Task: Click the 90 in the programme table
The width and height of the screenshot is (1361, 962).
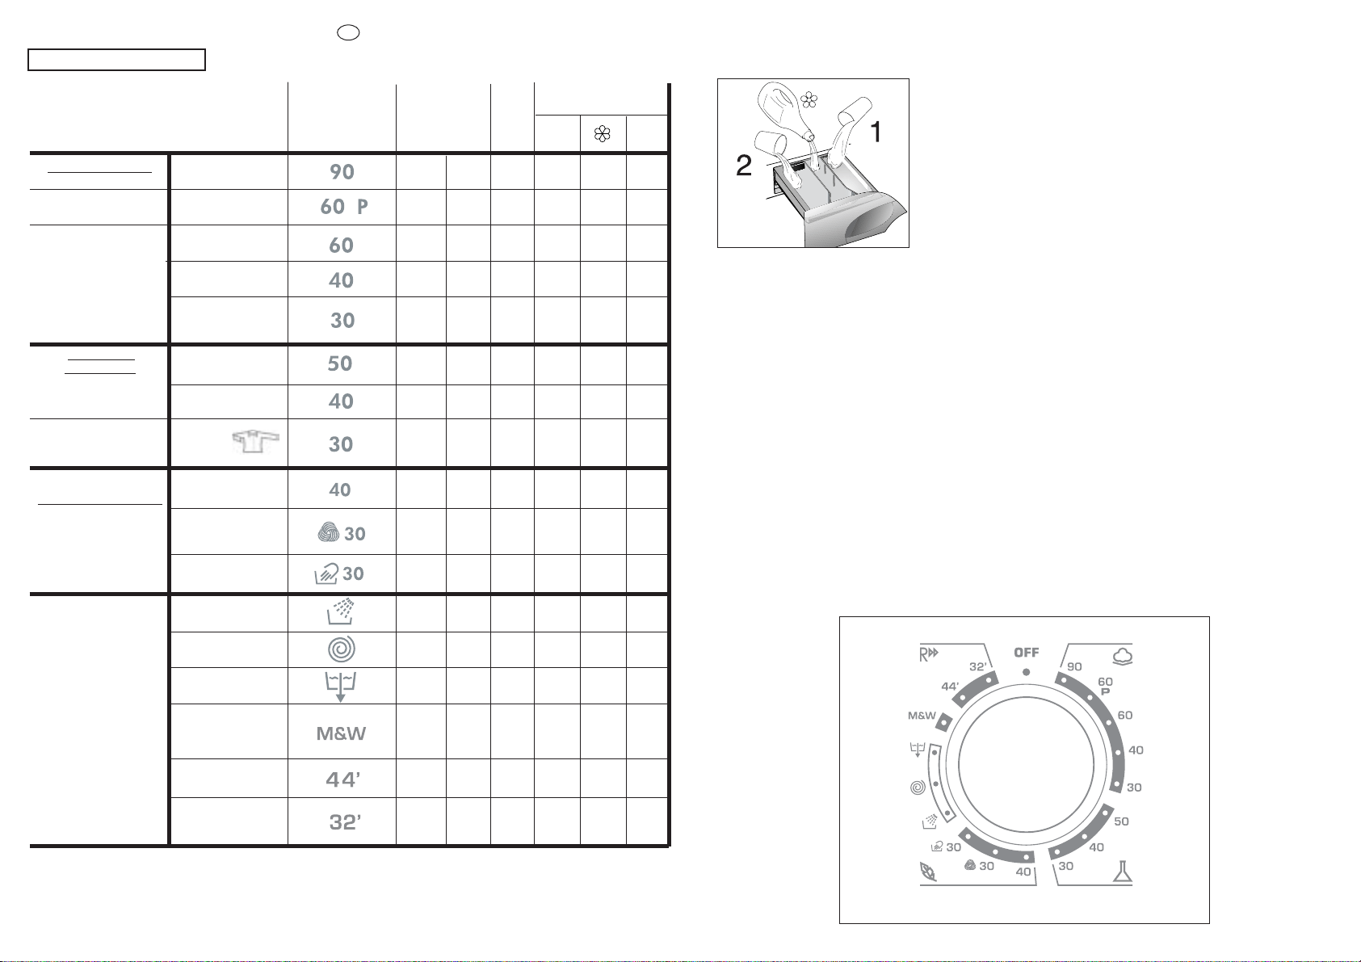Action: click(342, 172)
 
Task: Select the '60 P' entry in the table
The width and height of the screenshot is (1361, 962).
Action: click(344, 207)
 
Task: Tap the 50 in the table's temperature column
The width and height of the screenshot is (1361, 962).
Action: click(339, 363)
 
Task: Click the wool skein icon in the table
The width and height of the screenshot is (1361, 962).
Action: click(329, 531)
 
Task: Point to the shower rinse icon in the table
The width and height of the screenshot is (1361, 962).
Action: click(341, 612)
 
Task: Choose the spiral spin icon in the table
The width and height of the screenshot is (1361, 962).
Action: click(342, 649)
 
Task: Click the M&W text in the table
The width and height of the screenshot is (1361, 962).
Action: click(341, 733)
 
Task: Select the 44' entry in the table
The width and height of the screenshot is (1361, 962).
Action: click(343, 779)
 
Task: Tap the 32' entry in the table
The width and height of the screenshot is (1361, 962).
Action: click(345, 821)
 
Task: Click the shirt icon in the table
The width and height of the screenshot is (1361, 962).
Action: click(256, 441)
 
